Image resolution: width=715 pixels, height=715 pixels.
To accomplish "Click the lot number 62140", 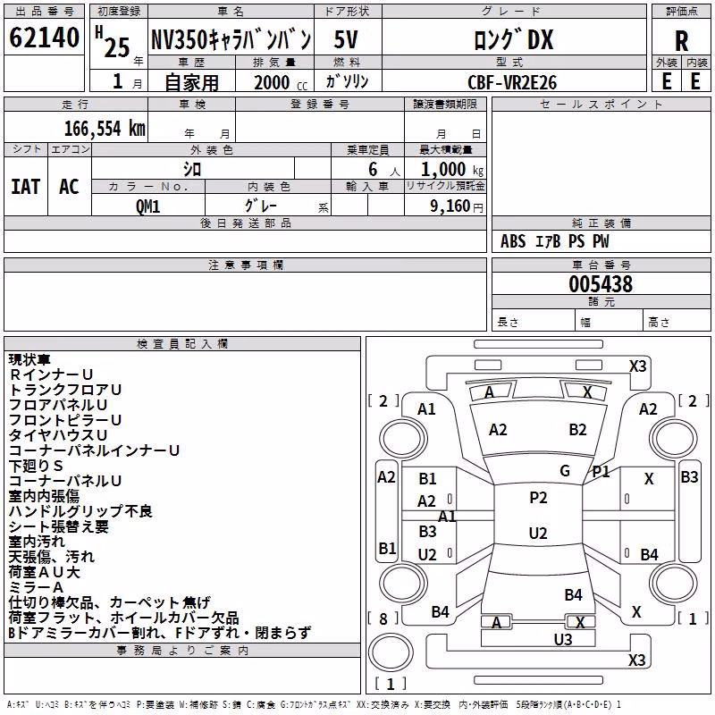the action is point(44,38).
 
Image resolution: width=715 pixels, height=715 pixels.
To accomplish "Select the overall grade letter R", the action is point(681,41).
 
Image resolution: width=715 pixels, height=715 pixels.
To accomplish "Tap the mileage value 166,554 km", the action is point(105,129).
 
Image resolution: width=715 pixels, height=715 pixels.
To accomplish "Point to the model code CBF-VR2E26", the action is point(512,82).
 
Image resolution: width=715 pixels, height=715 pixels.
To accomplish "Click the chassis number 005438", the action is point(601,284).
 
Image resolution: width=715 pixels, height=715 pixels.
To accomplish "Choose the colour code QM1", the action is point(147,206).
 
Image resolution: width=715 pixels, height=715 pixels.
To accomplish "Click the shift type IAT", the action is point(26,187).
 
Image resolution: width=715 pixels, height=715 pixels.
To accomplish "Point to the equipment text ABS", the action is point(513,241).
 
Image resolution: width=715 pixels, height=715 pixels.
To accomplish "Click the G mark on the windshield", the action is point(565,471).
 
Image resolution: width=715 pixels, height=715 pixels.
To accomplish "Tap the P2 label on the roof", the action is point(538,498).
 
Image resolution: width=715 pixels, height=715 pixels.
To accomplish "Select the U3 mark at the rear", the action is point(563,640).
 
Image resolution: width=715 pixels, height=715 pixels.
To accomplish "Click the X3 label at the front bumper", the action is point(637,366).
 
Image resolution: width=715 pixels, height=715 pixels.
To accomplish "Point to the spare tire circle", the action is point(391,652).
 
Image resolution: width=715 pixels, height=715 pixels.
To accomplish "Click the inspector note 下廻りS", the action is point(36,466).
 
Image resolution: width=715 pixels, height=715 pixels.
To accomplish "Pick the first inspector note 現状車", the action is point(29,360).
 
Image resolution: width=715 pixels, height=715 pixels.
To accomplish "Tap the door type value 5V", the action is point(346,39).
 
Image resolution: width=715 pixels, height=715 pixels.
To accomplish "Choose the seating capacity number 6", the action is point(373,170).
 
